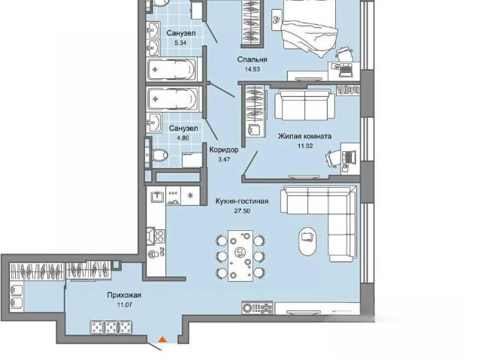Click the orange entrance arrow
click(162, 340)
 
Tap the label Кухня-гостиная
click(242, 201)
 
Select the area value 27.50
click(242, 211)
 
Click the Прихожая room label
click(124, 295)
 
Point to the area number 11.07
click(124, 305)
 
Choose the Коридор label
click(224, 150)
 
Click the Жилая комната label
click(304, 136)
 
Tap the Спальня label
click(253, 59)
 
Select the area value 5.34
click(180, 43)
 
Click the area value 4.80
click(183, 138)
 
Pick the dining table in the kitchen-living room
click(240, 256)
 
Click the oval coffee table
click(307, 241)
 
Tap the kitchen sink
click(157, 195)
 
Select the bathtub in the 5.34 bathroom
click(172, 70)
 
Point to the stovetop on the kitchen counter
click(159, 236)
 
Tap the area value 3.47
click(224, 159)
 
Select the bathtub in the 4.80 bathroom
click(172, 98)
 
